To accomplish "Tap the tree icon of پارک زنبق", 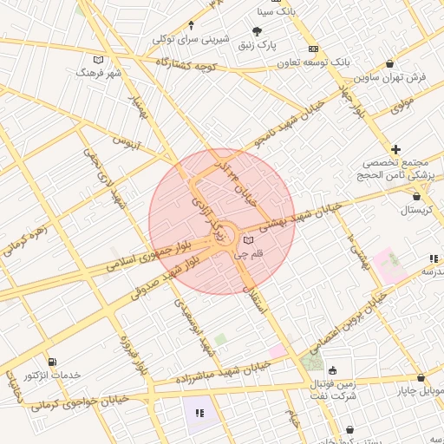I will tap(257, 31).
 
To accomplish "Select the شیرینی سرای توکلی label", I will tap(191, 38).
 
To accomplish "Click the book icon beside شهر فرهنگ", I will tap(98, 60).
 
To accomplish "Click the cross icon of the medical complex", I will tap(396, 150).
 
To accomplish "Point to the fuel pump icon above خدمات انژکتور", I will tap(54, 361).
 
